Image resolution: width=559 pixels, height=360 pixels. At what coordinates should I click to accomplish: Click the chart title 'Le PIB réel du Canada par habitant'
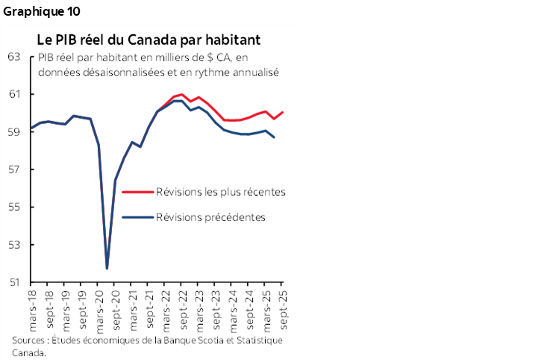pyautogui.click(x=149, y=39)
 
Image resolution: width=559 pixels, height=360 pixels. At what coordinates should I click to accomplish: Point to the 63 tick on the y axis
pyautogui.click(x=15, y=57)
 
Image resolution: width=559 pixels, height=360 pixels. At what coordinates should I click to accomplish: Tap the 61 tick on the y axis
pyautogui.click(x=15, y=94)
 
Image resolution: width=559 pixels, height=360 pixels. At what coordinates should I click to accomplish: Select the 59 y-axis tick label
pyautogui.click(x=15, y=132)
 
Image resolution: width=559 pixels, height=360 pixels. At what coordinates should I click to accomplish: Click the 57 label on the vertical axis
pyautogui.click(x=15, y=170)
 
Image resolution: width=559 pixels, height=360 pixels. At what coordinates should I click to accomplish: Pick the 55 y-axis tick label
pyautogui.click(x=15, y=207)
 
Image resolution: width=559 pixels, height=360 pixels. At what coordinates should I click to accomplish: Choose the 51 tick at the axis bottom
pyautogui.click(x=15, y=282)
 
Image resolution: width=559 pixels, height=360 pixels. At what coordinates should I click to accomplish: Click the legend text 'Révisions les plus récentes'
pyautogui.click(x=220, y=192)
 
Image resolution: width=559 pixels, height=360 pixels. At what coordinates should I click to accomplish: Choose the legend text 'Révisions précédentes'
pyautogui.click(x=210, y=217)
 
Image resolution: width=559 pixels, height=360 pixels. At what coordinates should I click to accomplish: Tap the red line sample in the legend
pyautogui.click(x=137, y=192)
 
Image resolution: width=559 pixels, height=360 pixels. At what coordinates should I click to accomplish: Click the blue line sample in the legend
pyautogui.click(x=137, y=217)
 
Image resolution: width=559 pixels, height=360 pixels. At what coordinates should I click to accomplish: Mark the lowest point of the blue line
pyautogui.click(x=107, y=268)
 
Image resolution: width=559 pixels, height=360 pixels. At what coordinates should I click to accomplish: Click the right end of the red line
pyautogui.click(x=283, y=113)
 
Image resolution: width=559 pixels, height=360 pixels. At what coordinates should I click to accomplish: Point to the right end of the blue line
pyautogui.click(x=274, y=137)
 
